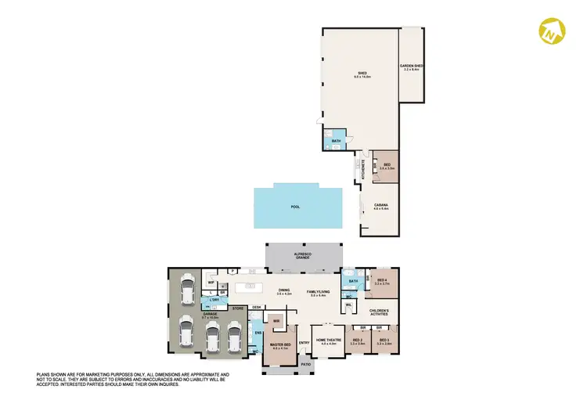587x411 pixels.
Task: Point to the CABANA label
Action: [380, 207]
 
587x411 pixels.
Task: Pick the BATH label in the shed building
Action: [336, 142]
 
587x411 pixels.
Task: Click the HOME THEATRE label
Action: [325, 342]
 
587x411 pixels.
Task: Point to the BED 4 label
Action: [382, 282]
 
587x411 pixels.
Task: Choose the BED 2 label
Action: [358, 342]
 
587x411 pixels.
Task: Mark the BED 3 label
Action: [384, 342]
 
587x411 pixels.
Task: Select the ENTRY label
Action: [304, 341]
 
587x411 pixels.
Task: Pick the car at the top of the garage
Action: [187, 290]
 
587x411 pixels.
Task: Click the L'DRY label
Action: [212, 301]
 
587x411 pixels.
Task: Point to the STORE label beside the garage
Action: [237, 308]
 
